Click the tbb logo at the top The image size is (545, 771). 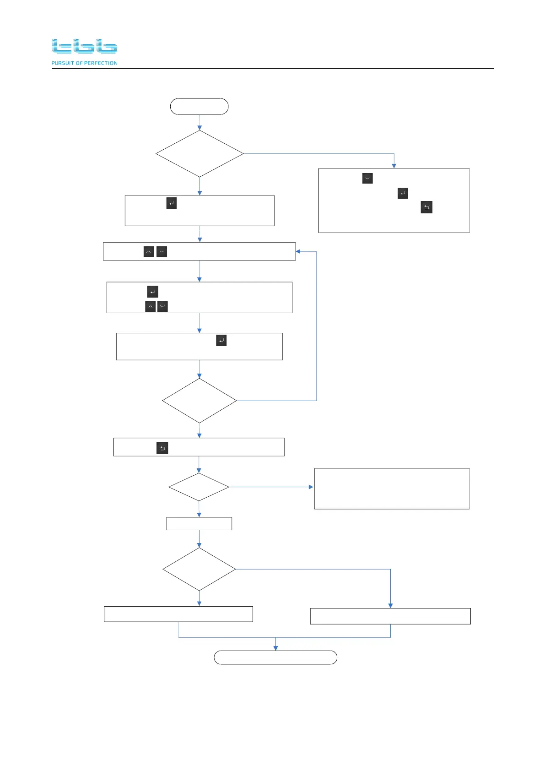point(84,46)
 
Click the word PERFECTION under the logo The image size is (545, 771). point(101,63)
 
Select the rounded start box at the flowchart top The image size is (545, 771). point(199,106)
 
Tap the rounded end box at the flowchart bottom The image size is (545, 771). point(275,657)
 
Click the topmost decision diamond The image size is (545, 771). point(200,154)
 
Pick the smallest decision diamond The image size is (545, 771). point(199,487)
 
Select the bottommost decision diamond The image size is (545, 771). point(199,569)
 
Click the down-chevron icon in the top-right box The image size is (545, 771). point(367,178)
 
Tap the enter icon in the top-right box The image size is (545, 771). point(403,193)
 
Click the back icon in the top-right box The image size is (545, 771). point(426,207)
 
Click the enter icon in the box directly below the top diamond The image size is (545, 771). point(172,203)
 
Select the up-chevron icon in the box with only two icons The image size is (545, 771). point(149,251)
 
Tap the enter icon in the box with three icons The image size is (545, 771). point(153,292)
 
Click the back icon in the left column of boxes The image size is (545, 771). point(162,448)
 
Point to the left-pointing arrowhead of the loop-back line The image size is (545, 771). point(298,251)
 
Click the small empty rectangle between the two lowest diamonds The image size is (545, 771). point(199,523)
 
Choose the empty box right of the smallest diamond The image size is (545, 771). point(392,489)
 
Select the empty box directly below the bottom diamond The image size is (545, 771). point(178,614)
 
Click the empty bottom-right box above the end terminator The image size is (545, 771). point(390,616)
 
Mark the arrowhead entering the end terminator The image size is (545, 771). point(275,648)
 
